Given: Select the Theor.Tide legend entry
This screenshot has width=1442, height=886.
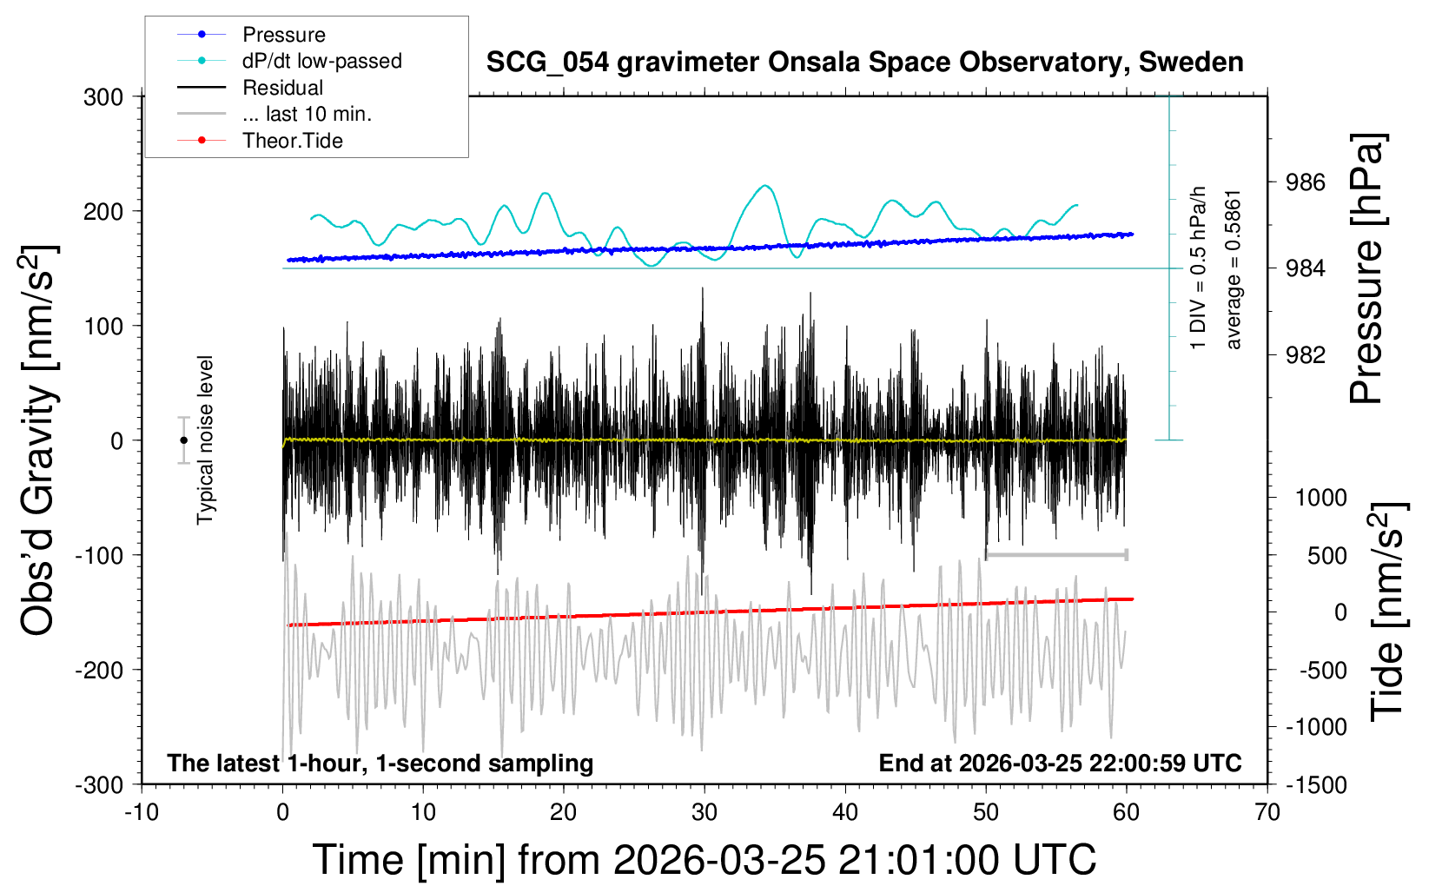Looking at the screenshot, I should [292, 141].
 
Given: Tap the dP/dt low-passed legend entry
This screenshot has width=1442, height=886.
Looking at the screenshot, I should [321, 61].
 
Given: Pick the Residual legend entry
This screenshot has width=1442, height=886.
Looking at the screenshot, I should [282, 88].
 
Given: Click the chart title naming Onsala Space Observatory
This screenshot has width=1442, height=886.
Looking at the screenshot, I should [864, 63].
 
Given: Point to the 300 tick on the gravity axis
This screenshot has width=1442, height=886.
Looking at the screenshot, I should [103, 97].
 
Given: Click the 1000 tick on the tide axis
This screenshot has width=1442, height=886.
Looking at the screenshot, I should [1320, 498].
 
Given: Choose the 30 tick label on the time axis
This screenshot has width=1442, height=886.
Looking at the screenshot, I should [704, 813].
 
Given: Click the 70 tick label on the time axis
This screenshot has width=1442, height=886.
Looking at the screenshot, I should [1267, 813].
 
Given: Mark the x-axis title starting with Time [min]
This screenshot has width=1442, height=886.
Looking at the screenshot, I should [704, 860].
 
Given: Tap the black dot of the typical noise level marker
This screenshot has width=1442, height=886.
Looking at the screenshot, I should [183, 440].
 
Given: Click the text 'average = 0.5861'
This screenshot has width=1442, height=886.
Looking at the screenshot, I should [1234, 269].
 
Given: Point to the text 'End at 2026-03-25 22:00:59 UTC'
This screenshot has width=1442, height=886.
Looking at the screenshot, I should [1060, 764].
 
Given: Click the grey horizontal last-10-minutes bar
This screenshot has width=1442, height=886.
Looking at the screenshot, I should [1056, 555].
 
